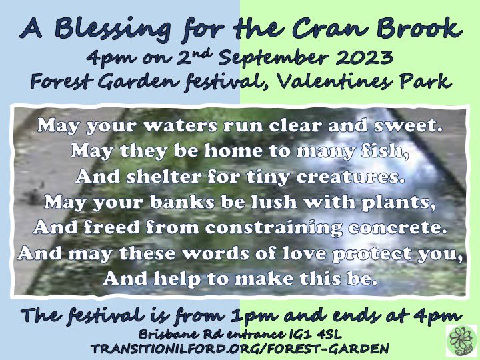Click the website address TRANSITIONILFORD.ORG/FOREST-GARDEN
[x=240, y=348]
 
